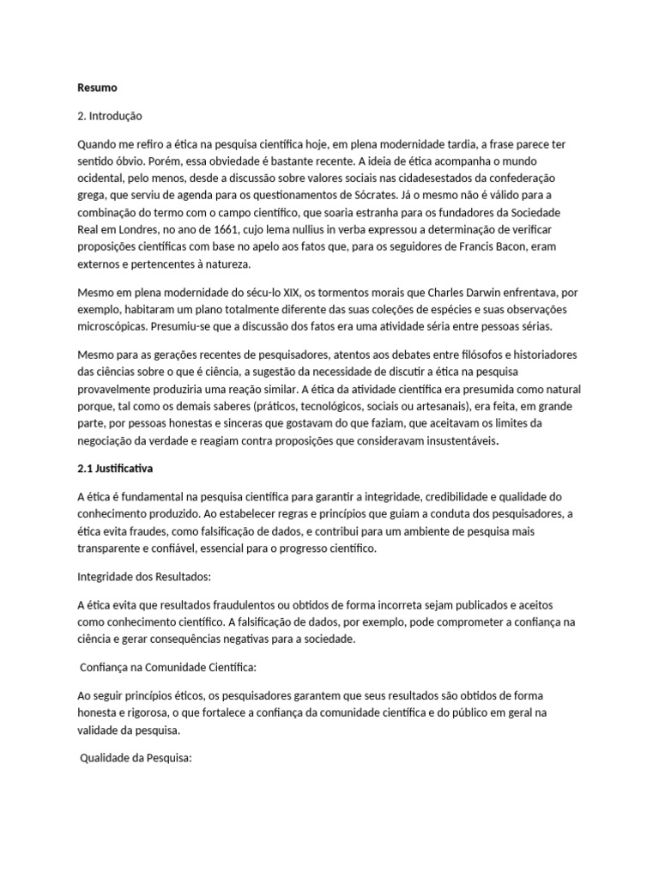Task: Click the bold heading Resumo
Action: [96, 88]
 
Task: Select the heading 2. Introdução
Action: [110, 115]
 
